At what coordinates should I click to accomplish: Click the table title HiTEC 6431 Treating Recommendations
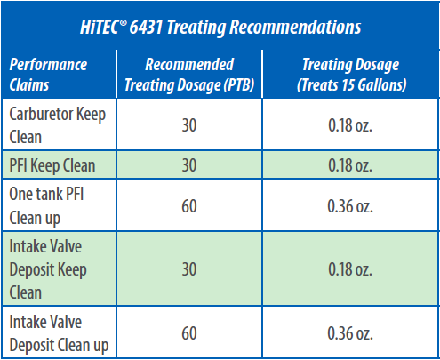pos(220,28)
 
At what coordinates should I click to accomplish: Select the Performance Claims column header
pos(48,75)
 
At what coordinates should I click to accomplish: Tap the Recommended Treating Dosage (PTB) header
pos(189,75)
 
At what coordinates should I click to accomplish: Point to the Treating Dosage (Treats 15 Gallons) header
pos(351,75)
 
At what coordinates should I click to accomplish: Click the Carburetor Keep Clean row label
pos(58,125)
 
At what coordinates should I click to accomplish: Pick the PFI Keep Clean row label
pos(52,165)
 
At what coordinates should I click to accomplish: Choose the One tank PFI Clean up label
pos(46,205)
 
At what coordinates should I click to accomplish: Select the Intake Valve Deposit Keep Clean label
pos(48,269)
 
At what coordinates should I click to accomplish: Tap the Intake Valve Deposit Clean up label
pos(59,333)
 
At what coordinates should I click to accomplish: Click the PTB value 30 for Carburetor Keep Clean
pos(189,125)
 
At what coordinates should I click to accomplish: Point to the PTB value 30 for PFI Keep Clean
pos(189,165)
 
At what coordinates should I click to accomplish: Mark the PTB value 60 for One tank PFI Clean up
pos(189,206)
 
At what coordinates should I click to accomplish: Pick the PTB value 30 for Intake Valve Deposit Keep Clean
pos(189,269)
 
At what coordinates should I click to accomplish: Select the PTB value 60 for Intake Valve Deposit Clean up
pos(189,333)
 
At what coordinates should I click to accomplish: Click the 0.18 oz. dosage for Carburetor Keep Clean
pos(350,125)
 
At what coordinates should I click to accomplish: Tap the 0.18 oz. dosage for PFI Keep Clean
pos(350,165)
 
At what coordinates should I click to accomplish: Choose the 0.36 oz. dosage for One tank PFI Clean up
pos(350,206)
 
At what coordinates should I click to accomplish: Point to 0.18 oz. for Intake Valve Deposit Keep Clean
pos(350,269)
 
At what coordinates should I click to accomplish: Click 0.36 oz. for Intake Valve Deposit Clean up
pos(350,333)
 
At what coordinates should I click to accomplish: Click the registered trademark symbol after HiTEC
pos(123,22)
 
